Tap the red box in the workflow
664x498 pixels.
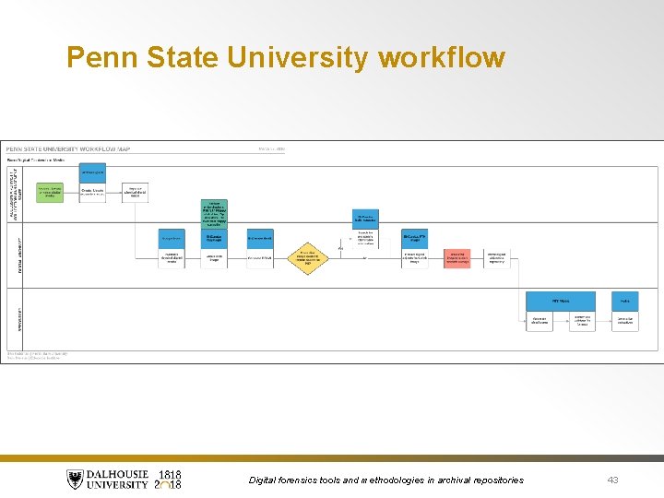point(456,258)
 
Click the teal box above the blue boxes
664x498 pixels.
point(214,213)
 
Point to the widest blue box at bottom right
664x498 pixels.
point(561,301)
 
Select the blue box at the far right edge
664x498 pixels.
point(624,301)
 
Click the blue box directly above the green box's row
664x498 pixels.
point(92,172)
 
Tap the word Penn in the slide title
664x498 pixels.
point(97,58)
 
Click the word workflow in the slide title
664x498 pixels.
point(442,58)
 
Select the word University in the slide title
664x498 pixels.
point(297,58)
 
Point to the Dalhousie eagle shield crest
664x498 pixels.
point(75,480)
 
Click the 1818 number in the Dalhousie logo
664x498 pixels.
point(170,474)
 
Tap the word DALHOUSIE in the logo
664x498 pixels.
point(119,474)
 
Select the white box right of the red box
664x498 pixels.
point(496,258)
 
